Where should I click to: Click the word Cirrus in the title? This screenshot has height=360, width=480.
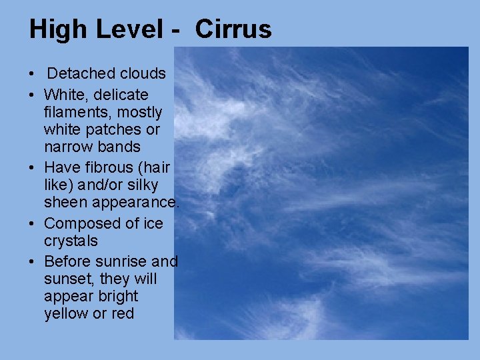coord(234,29)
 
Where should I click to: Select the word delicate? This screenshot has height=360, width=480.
coord(121,95)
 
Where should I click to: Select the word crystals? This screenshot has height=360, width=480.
coord(71,241)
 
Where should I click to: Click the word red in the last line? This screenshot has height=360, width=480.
coord(123,313)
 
